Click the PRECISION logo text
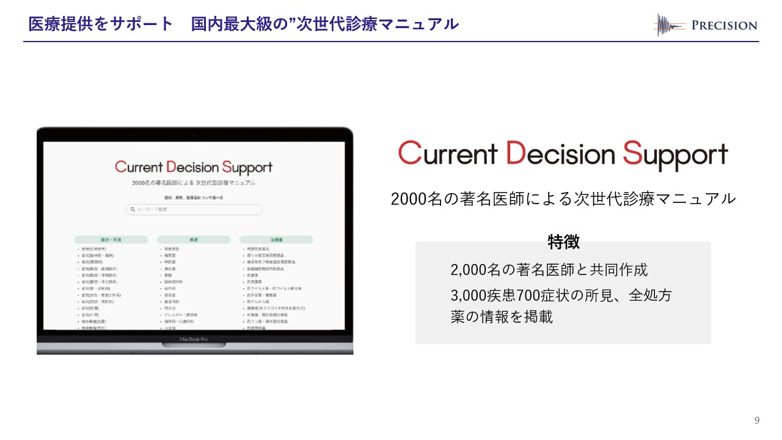click(x=724, y=26)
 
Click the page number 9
click(x=757, y=420)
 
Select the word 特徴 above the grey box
click(x=563, y=242)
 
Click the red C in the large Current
click(x=410, y=153)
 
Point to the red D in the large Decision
click(x=517, y=153)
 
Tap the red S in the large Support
click(x=633, y=153)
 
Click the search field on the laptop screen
click(x=194, y=210)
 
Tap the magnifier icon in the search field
click(x=131, y=210)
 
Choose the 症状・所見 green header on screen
click(x=111, y=240)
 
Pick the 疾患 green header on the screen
click(x=193, y=240)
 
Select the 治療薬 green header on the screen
click(x=276, y=240)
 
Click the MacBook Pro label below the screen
click(x=194, y=339)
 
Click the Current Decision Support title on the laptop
click(x=194, y=167)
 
